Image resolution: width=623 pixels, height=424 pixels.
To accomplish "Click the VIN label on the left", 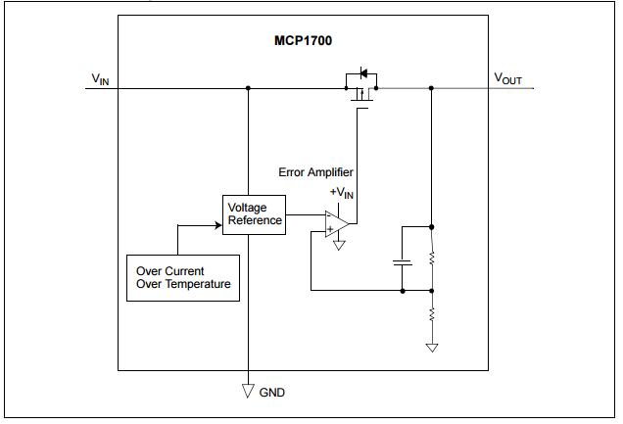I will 101,78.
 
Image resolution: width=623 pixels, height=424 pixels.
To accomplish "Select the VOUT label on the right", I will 508,77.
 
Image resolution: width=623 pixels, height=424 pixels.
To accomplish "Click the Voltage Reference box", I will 255,213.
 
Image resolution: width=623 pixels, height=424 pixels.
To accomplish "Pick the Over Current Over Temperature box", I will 183,277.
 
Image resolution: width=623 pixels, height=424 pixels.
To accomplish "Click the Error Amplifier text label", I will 315,172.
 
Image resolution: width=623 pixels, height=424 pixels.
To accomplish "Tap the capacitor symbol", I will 402,262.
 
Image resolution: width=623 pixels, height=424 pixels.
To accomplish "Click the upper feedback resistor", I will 432,258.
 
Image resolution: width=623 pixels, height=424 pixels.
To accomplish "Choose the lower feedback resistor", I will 432,314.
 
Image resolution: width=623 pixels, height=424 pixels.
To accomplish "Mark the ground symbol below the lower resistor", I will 432,346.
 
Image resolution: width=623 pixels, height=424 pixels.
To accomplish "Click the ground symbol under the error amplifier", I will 339,245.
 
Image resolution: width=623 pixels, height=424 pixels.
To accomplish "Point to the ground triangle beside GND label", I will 249,392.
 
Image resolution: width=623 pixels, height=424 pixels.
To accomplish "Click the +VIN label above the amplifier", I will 341,193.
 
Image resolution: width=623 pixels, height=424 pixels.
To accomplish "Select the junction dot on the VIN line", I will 249,88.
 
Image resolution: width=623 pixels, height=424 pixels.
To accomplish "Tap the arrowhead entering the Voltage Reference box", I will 217,224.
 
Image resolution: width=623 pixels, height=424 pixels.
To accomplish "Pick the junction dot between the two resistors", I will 432,290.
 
